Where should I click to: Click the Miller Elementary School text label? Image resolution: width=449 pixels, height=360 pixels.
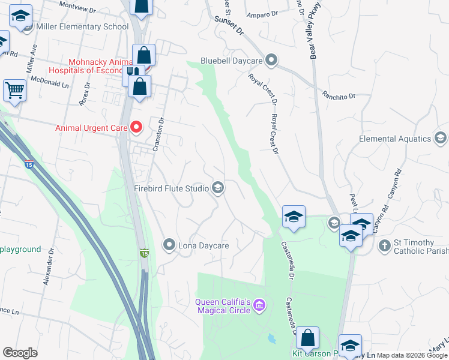82,26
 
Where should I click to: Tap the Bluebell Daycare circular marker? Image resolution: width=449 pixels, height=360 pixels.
271,60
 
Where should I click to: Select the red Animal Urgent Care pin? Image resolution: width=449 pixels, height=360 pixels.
136,127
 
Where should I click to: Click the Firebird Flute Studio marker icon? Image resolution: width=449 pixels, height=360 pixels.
218,188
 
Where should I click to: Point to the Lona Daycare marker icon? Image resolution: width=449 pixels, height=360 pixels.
169,245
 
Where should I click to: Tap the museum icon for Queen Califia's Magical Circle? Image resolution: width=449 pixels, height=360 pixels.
259,306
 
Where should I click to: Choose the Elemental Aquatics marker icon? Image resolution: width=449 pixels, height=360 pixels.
441,139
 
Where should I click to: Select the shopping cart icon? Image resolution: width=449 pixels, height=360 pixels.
14,91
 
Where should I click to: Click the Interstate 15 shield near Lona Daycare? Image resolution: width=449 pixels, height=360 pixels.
144,254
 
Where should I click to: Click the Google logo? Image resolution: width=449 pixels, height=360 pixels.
20,353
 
